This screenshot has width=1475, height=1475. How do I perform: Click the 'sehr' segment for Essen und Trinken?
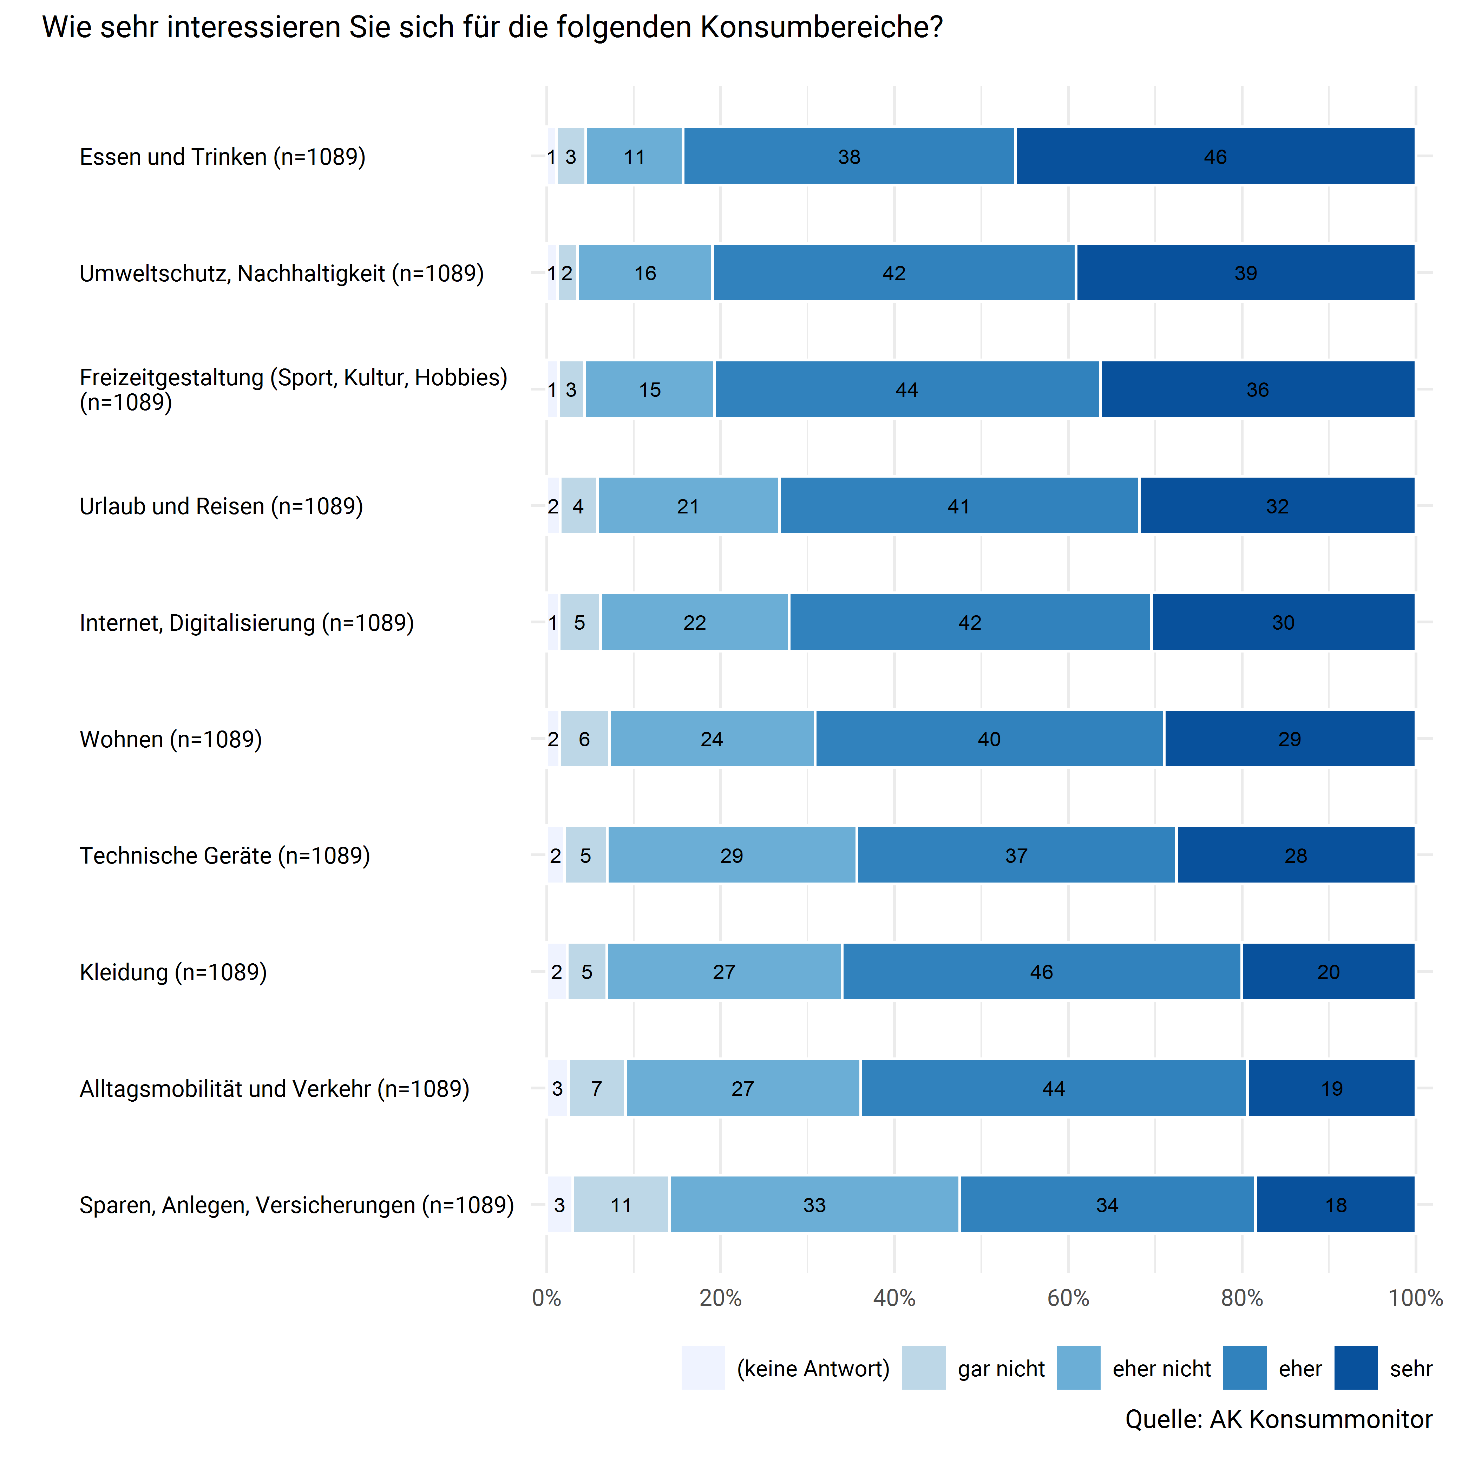(1215, 157)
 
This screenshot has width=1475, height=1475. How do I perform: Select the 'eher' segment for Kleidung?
(1041, 972)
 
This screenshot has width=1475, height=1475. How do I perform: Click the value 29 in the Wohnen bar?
(1290, 739)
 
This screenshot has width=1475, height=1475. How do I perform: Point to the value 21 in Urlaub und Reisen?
(688, 506)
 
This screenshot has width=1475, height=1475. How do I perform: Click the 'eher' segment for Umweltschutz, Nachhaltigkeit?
(894, 273)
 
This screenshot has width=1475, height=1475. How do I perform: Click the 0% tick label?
(547, 1298)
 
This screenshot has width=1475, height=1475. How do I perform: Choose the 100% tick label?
(1415, 1298)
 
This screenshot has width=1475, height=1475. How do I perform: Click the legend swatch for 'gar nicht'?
(924, 1368)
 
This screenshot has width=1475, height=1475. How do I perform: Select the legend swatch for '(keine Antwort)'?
(703, 1368)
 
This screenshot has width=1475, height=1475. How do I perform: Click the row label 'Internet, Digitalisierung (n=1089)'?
(247, 623)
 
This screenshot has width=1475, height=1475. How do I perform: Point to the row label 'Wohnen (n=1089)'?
(171, 739)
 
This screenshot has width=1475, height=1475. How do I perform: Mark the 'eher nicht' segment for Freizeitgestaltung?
(650, 389)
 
